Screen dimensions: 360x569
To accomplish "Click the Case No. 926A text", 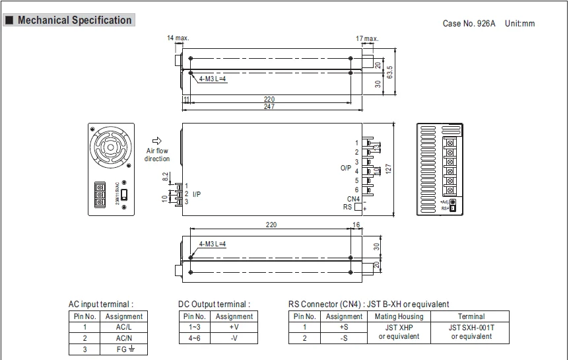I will (x=469, y=24).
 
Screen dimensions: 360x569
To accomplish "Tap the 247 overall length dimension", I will (x=269, y=106).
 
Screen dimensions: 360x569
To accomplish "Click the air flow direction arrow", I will (x=157, y=141).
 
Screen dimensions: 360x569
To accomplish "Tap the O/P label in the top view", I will (x=345, y=168).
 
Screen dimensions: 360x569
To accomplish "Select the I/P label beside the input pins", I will (x=197, y=194).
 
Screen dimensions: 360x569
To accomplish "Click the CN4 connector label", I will (x=353, y=199).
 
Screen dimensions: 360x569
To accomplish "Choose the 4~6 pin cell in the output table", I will (x=195, y=338).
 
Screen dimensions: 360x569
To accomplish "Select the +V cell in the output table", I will (x=234, y=326).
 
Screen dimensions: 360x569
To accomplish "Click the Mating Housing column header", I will (x=399, y=316).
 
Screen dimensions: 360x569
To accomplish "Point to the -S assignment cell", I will (x=344, y=338).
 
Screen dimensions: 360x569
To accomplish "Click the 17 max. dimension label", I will (x=367, y=39).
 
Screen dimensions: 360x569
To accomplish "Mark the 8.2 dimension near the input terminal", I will (x=165, y=176).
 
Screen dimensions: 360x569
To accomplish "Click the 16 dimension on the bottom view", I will (x=356, y=225).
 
